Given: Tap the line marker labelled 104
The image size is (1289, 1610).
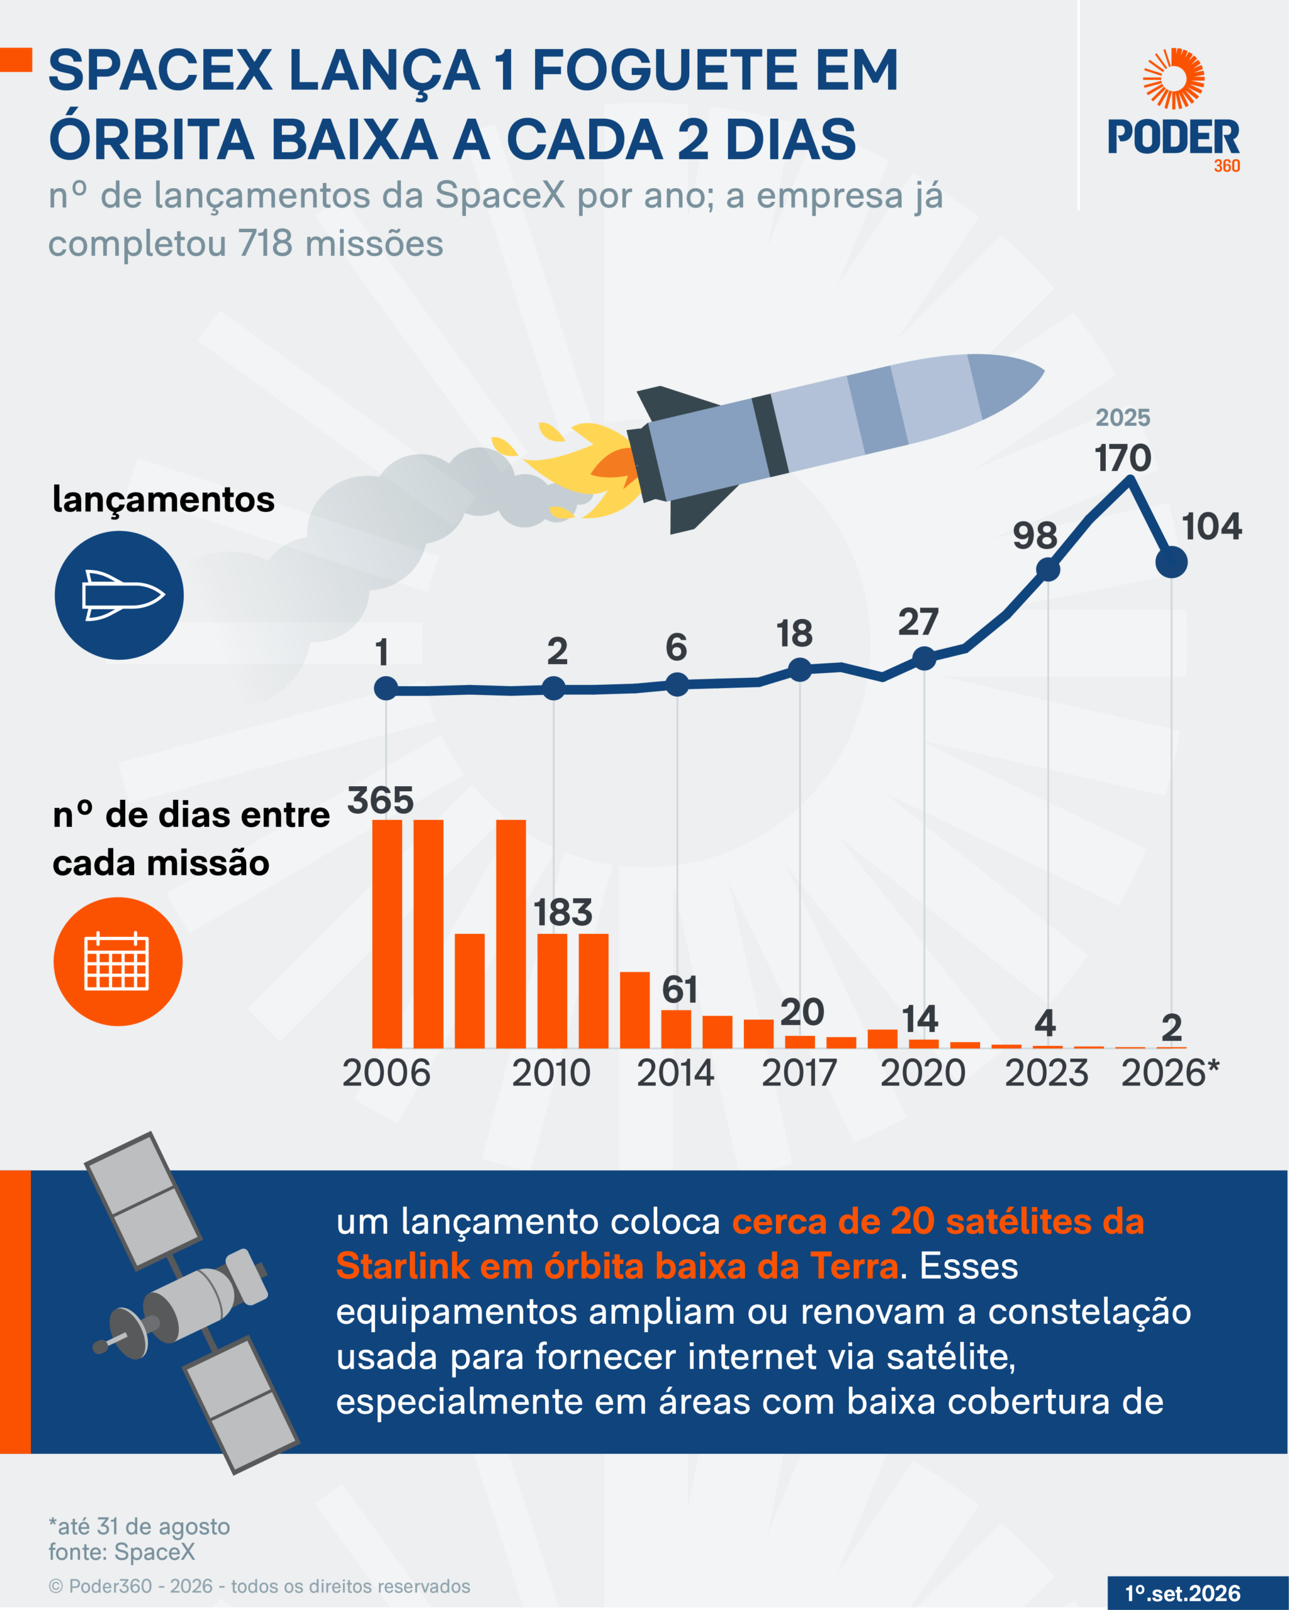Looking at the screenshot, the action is point(1171,562).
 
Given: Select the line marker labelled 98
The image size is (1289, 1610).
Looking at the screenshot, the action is point(1048,570).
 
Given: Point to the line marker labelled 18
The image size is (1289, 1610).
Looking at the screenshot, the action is point(799,670).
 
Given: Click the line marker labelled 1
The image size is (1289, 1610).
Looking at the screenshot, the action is point(386,689).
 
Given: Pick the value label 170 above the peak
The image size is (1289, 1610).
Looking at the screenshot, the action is point(1122,458).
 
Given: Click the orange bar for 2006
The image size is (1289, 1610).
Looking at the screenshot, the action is point(387,933).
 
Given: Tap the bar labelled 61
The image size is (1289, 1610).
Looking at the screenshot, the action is point(676,1028).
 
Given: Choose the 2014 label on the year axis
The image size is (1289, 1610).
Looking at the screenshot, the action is point(675,1073).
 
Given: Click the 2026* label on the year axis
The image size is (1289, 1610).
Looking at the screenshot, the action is point(1170,1073).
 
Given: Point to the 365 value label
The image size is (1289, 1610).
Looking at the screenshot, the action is point(380,801).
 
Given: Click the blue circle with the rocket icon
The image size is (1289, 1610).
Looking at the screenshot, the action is point(119,595).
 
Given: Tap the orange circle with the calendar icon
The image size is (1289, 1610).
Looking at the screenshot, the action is point(118,961).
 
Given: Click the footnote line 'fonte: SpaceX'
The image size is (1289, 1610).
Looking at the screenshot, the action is point(122,1551).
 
